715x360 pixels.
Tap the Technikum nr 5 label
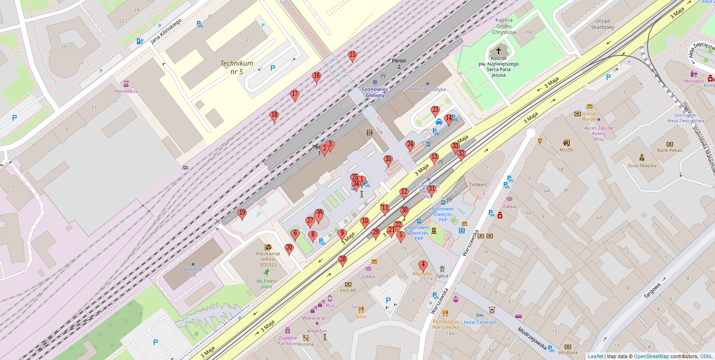(237, 68)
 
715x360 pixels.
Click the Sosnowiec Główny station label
(375, 92)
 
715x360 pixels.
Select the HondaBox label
(126, 91)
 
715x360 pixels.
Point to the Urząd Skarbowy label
(602, 24)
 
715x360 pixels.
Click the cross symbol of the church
(499, 50)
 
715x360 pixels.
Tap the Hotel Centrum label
(480, 322)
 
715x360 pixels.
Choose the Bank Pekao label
(670, 150)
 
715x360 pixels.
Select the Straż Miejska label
(641, 165)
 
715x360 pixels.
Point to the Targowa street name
(652, 291)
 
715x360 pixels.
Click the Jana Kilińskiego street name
(165, 35)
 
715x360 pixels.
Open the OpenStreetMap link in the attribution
(651, 356)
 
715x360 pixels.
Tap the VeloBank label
(567, 353)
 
